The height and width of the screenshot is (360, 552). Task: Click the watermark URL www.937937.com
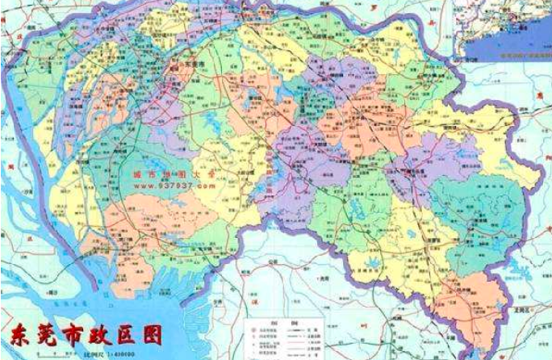pos(169,185)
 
